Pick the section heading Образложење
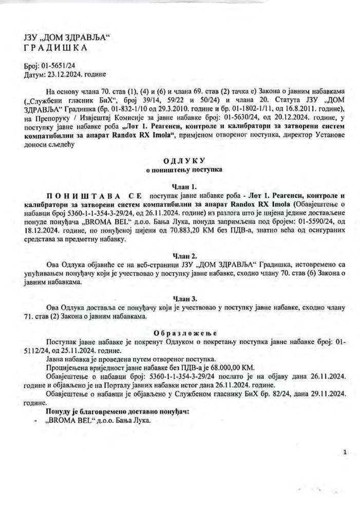point(178,332)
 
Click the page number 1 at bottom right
point(346,453)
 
